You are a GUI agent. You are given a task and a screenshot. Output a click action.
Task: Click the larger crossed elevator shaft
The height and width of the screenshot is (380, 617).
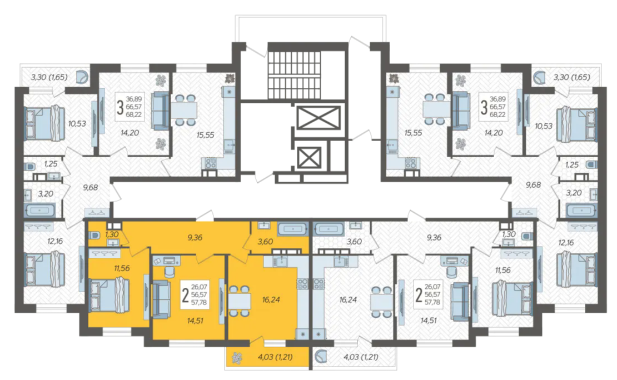319,117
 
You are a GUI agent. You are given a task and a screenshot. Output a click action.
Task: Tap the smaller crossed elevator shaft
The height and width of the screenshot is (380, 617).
308,157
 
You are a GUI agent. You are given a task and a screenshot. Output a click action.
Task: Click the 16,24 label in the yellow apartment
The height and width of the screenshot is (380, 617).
271,300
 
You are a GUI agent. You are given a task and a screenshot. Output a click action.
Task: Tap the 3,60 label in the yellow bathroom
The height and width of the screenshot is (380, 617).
265,242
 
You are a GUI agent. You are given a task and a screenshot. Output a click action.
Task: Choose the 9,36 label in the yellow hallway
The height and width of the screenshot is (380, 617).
195,237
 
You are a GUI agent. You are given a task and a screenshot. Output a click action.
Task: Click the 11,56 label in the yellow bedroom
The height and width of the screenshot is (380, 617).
122,268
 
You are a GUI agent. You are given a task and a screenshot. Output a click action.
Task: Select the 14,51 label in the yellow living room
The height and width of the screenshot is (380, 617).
195,321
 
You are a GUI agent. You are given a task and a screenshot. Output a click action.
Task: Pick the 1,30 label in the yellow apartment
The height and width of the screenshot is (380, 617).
112,234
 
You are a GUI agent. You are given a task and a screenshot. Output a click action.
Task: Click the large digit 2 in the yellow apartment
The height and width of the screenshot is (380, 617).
185,296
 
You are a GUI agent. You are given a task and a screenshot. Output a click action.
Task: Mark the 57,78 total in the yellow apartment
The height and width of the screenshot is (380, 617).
199,303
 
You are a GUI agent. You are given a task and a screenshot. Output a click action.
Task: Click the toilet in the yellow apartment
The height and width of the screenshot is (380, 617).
94,235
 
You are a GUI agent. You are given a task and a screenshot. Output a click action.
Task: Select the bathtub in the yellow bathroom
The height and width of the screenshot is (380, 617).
292,228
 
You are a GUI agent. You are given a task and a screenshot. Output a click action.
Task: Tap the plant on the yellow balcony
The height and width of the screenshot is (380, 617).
236,358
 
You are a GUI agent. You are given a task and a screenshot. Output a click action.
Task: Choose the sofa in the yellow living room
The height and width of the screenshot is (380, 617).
161,299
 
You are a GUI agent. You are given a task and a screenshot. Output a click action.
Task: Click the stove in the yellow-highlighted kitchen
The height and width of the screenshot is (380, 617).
302,284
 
